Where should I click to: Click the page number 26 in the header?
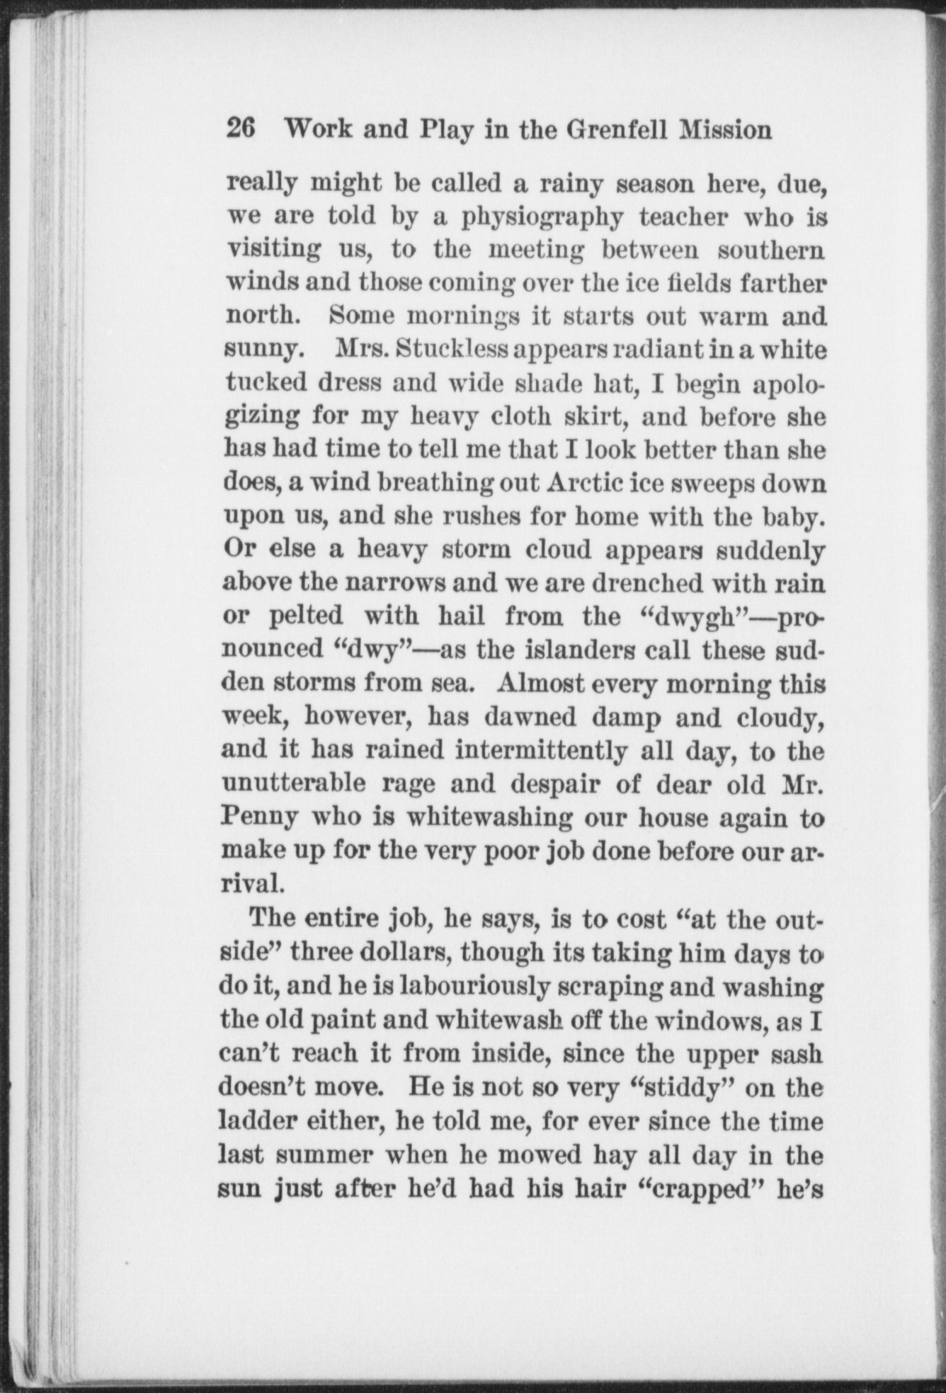pyautogui.click(x=240, y=130)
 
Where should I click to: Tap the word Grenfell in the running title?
pyautogui.click(x=610, y=130)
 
